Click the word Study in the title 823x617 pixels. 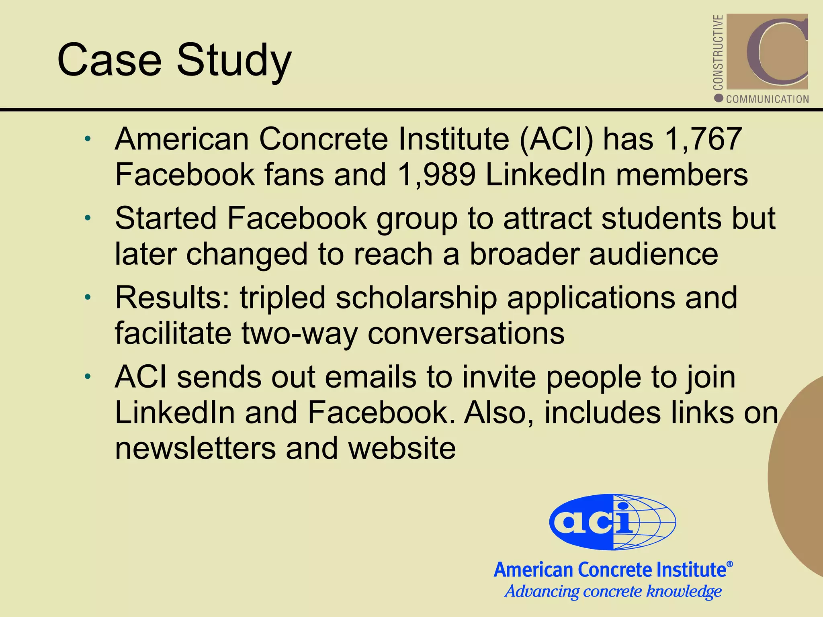234,60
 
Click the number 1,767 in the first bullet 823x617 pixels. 703,139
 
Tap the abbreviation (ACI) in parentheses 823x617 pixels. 556,139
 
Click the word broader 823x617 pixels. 524,254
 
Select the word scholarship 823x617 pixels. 416,298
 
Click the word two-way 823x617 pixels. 299,333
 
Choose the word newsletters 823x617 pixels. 195,448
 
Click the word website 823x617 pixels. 402,448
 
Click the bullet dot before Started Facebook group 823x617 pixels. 88,219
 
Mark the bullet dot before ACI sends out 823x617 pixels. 88,377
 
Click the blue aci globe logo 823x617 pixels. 612,522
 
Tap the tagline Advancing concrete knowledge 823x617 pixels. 613,591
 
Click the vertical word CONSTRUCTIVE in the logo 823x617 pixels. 718,52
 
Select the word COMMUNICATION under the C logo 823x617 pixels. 768,99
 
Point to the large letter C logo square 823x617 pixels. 767,51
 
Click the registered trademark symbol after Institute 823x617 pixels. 730,564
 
